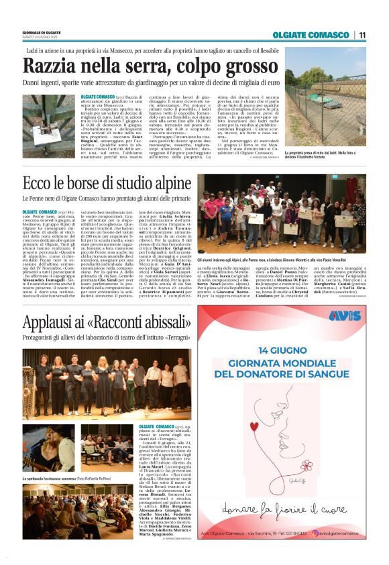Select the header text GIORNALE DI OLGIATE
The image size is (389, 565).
42,31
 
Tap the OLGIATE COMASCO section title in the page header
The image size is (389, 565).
312,35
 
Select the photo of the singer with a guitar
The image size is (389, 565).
48,448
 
